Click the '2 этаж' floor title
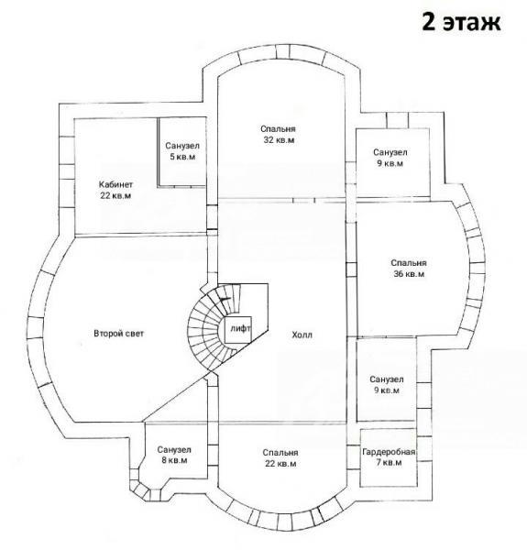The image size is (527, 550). (461, 22)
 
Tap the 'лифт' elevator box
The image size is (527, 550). (238, 329)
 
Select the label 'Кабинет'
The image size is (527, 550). (115, 184)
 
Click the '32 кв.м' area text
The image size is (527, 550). (279, 140)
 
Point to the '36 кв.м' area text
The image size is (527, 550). (409, 274)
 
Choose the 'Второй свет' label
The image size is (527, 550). (118, 334)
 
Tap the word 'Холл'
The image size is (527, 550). (302, 335)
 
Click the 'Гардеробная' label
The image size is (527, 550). (389, 452)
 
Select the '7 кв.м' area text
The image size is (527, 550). (389, 463)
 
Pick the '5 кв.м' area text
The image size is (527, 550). (182, 157)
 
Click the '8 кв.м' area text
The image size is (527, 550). (174, 460)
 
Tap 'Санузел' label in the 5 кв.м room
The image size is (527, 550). (182, 146)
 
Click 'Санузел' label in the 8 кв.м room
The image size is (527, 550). (174, 449)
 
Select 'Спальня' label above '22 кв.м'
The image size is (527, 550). (280, 453)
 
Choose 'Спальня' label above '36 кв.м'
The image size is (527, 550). (409, 263)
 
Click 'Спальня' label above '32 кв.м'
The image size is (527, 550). (279, 129)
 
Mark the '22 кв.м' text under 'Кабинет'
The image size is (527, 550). (115, 195)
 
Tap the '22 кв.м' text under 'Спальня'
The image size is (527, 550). (280, 464)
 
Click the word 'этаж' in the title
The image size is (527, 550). (472, 23)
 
